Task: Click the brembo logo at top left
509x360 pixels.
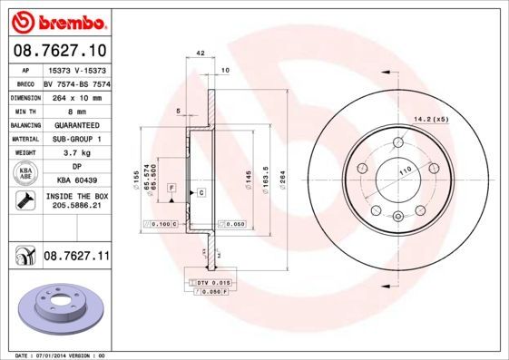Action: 56,19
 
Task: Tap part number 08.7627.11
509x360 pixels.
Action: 76,258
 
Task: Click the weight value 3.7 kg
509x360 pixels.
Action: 75,154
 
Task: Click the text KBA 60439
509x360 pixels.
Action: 75,180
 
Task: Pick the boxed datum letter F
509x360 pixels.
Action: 170,187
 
